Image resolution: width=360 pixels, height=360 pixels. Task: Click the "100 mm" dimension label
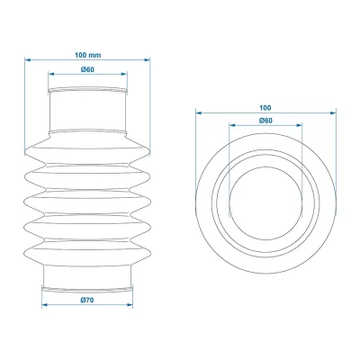coord(87,54)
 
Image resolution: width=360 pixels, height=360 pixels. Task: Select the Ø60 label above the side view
coord(87,70)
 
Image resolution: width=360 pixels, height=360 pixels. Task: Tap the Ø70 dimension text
coord(87,299)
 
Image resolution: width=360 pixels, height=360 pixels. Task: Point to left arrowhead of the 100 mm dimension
coord(27,61)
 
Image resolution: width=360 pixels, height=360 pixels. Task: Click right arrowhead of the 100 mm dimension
coord(148,61)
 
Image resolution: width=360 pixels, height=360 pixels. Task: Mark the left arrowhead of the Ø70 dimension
coord(44,306)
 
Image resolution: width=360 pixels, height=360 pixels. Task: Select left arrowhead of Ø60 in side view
coord(50,76)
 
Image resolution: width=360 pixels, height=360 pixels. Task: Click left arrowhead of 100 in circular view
coord(197,113)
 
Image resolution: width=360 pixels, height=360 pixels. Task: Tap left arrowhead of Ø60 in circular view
coord(231,128)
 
